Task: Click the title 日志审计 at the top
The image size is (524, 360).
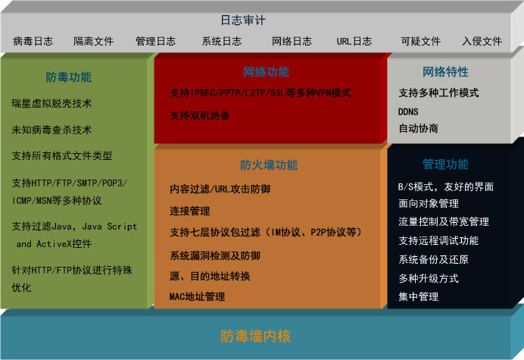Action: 243,20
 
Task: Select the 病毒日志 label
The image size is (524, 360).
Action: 33,41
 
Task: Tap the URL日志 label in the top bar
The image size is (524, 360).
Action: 354,41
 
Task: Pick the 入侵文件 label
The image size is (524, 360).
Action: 482,41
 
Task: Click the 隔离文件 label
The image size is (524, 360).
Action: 94,41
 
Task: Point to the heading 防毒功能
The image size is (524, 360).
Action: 68,77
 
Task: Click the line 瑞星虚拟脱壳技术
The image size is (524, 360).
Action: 51,103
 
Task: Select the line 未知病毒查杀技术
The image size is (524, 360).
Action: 51,130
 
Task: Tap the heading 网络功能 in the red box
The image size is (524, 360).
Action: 266,72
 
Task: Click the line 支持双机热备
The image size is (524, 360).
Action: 200,116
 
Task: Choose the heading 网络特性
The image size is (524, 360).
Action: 445,72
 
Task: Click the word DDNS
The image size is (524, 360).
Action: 408,111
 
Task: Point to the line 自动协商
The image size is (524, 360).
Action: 419,129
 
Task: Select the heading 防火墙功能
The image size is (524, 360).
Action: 269,165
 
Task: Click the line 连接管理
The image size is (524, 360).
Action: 190,211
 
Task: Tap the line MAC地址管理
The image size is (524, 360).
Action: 197,297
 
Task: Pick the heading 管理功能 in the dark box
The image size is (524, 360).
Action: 445,164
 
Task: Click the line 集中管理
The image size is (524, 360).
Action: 419,297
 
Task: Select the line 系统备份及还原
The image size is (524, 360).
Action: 433,260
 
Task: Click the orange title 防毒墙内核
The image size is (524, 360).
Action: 256,337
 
